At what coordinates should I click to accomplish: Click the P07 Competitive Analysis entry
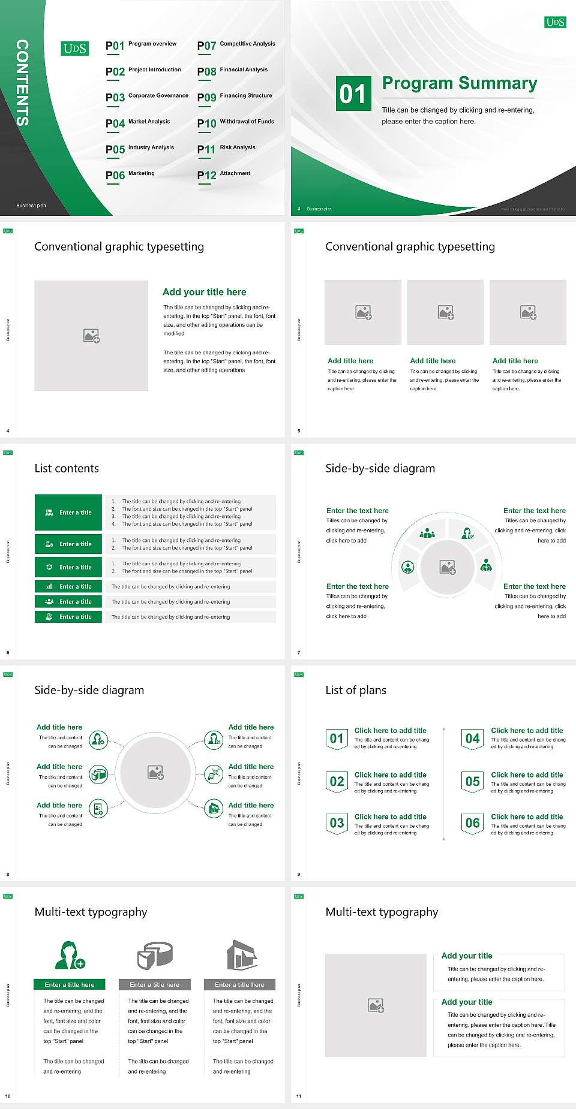point(236,45)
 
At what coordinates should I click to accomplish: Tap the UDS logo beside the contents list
point(75,49)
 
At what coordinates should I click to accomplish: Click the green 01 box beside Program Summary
point(353,94)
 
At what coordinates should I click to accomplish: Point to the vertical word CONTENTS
point(22,83)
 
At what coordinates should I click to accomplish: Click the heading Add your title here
point(204,292)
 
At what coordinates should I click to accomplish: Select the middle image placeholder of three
point(445,312)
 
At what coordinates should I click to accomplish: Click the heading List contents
point(67,468)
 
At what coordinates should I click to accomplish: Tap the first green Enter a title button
point(68,513)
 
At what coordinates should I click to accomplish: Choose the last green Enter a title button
point(68,617)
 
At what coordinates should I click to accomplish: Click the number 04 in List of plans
point(473,739)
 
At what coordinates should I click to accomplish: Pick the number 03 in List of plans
point(337,823)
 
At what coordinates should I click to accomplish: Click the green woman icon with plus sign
point(69,956)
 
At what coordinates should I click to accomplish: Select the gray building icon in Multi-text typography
point(242,955)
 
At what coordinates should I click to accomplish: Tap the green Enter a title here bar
point(70,985)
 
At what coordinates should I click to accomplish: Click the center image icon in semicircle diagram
point(448,567)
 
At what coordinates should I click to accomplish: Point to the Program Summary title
point(460,83)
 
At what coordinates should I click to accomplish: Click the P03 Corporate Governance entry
point(147,97)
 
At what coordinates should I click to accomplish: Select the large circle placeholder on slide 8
point(156,772)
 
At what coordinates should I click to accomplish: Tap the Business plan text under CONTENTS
point(31,206)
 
